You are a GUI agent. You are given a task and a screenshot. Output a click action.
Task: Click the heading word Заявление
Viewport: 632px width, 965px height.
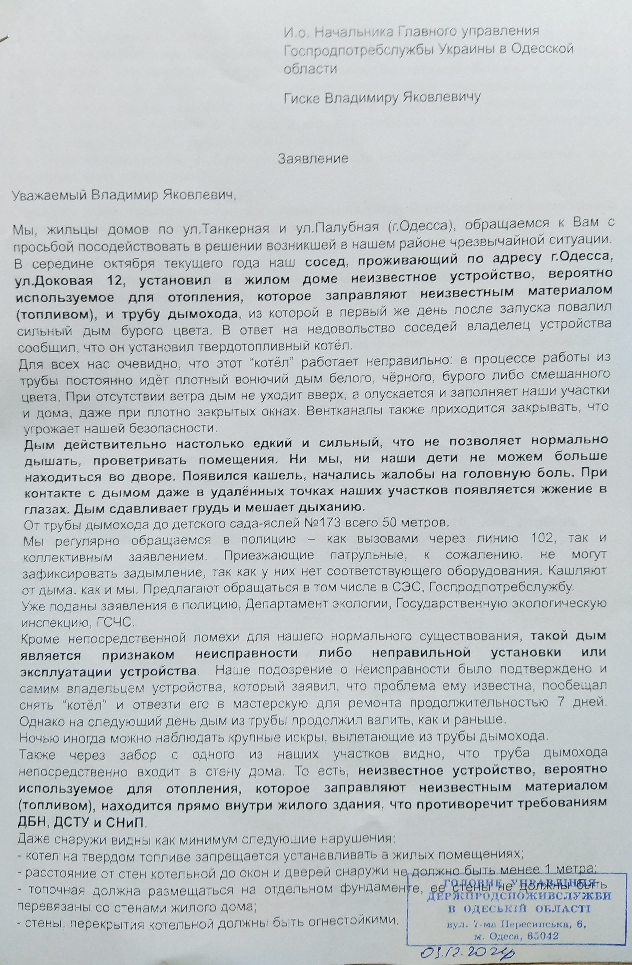(313, 158)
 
